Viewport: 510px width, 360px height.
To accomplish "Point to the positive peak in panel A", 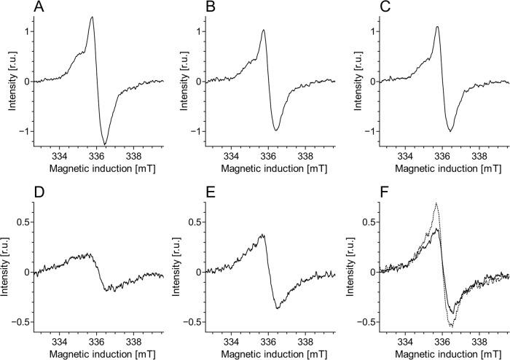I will pyautogui.click(x=93, y=17).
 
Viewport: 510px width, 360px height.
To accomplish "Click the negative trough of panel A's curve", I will pyautogui.click(x=105, y=144).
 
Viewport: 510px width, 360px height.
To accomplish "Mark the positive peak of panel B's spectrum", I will pyautogui.click(x=263, y=30).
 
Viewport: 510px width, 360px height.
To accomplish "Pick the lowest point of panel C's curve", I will pyautogui.click(x=451, y=131).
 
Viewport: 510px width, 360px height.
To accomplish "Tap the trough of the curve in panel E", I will pyautogui.click(x=278, y=308).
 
